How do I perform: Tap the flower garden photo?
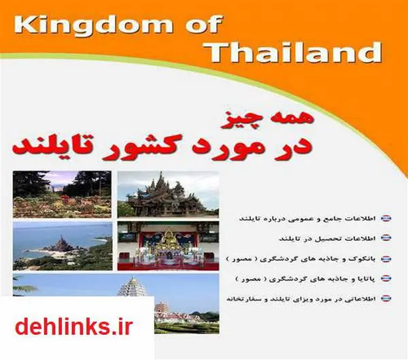(62, 194)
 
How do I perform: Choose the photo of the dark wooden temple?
(168, 194)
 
